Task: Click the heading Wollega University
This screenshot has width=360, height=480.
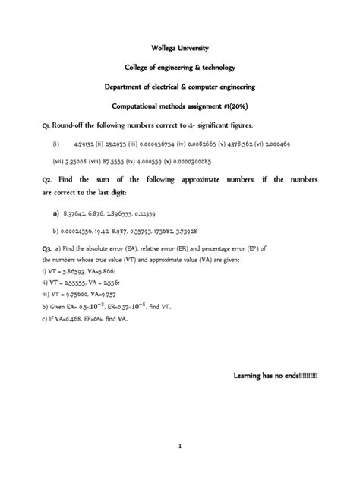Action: (180, 49)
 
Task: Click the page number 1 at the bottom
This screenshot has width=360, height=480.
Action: (180, 447)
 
